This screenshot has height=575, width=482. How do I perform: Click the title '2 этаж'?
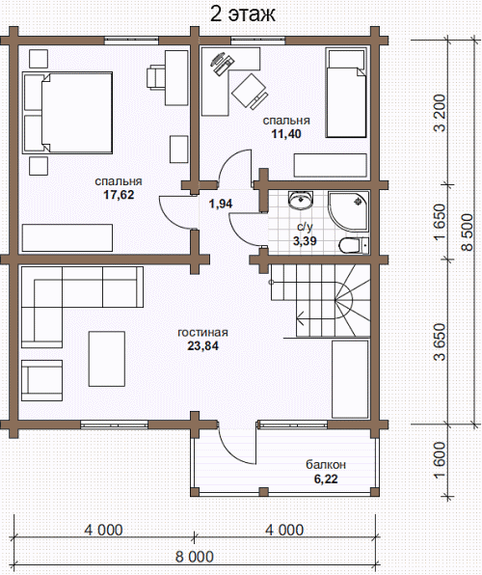pos(242,14)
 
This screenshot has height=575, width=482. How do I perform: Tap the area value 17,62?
pos(119,194)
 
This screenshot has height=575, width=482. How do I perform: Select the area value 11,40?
pos(286,133)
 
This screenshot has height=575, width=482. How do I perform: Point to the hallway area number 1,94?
pos(221,204)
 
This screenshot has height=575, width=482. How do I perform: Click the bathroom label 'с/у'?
pos(305,227)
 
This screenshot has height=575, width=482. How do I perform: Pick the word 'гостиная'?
pos(202,332)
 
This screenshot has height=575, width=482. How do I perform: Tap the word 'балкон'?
pos(326,465)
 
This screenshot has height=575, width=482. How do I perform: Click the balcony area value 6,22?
pos(326,479)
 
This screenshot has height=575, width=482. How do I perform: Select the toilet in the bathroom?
pos(354,245)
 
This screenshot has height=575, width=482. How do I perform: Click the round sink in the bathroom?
pos(302,201)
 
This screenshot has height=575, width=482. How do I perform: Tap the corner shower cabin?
pos(348,211)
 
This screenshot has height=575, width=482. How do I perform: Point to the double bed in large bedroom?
pos(67,113)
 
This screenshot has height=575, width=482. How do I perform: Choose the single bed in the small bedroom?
pos(346,94)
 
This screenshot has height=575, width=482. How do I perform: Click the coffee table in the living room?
pos(107,359)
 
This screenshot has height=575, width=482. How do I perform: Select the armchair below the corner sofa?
pos(41,380)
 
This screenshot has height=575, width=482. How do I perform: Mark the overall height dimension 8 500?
pos(468,232)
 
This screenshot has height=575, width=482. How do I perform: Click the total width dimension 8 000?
pos(195,557)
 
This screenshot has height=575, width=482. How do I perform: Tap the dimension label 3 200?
pos(440,113)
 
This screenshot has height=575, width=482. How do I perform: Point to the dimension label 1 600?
pos(440,459)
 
